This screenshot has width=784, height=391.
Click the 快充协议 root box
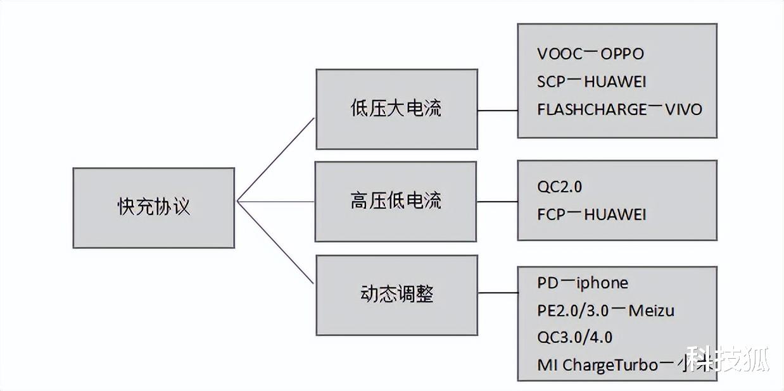point(154,208)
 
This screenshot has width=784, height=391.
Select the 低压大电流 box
point(396,109)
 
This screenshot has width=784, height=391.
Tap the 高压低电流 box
point(395,201)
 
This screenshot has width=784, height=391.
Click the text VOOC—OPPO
point(590,54)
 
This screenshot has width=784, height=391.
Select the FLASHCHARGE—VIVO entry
point(619,109)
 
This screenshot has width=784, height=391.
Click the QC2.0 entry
point(559,187)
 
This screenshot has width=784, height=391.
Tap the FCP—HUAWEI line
point(591,214)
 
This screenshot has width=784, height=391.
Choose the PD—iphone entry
point(583,282)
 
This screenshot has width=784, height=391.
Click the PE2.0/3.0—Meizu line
point(605,311)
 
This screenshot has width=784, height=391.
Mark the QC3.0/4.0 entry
point(574,337)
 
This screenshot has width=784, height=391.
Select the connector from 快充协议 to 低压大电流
point(275,159)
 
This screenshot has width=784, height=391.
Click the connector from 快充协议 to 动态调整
point(275,242)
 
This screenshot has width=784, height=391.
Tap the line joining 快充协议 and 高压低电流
point(275,202)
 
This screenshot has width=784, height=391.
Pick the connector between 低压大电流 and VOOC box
point(497,110)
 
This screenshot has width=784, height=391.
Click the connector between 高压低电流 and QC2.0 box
point(496,202)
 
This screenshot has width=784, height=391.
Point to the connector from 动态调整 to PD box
point(497,293)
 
